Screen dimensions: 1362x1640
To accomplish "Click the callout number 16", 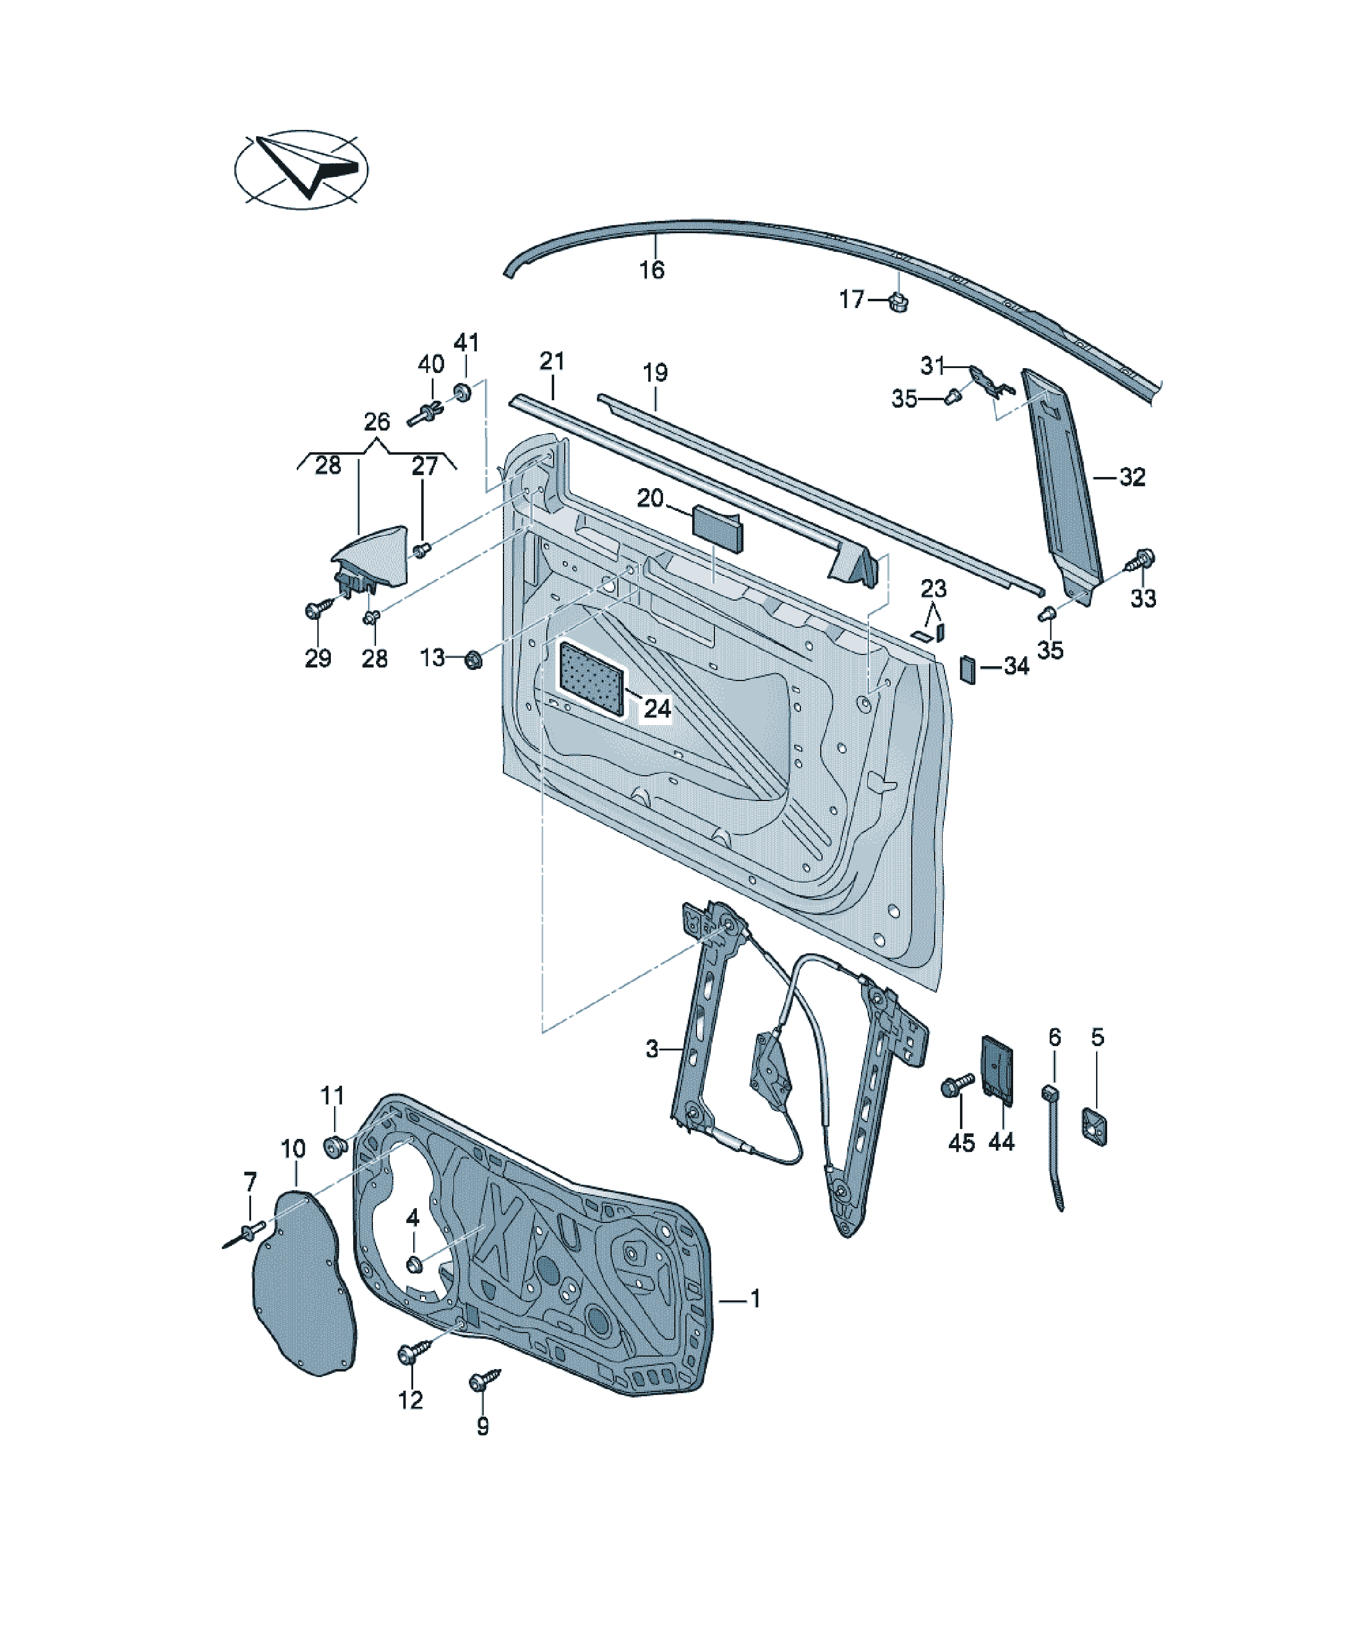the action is tap(651, 270).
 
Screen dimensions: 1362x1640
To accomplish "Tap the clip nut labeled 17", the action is tap(899, 301).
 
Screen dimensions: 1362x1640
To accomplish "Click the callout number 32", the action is tap(1133, 476).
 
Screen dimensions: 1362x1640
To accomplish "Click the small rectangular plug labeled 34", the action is tap(967, 669).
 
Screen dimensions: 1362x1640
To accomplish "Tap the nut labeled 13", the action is tap(473, 660).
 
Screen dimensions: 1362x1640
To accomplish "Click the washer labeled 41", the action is tap(462, 390).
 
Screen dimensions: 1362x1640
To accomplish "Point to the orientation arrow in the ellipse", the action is tap(307, 166).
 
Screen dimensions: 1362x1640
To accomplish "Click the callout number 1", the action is tap(755, 1299).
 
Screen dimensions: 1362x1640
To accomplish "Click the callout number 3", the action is tap(652, 1049).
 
